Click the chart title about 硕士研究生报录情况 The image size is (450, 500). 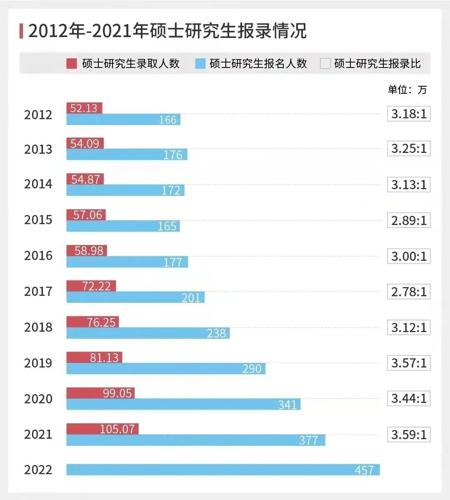click(x=167, y=31)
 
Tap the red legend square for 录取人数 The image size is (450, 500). click(x=72, y=63)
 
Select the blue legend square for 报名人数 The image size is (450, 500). click(x=200, y=63)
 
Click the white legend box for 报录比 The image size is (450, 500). click(x=325, y=63)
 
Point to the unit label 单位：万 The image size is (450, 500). click(x=407, y=90)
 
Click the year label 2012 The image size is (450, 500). click(x=38, y=115)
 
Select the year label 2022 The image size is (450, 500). click(x=38, y=470)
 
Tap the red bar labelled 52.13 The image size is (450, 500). click(x=84, y=108)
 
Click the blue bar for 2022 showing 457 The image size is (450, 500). click(x=223, y=470)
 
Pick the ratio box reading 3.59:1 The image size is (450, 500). click(x=409, y=435)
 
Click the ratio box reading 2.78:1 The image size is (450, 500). click(x=409, y=292)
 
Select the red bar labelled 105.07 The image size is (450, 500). click(x=102, y=429)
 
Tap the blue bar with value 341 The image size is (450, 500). click(x=183, y=405)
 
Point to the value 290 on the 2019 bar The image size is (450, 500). click(x=252, y=369)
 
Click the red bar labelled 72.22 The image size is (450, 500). click(x=91, y=286)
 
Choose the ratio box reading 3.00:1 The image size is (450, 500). click(x=409, y=256)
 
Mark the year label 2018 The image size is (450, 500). click(x=38, y=327)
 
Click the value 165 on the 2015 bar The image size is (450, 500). click(x=167, y=226)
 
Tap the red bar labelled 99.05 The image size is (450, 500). click(x=100, y=393)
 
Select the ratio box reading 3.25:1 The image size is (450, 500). click(x=409, y=149)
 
